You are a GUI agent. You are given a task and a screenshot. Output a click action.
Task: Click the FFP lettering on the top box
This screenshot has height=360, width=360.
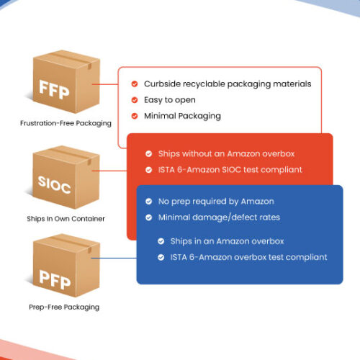(54, 89)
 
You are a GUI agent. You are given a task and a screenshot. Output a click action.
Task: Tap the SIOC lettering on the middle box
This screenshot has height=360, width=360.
(54, 184)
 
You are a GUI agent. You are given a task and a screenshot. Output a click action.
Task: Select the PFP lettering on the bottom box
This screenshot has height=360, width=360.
(55, 279)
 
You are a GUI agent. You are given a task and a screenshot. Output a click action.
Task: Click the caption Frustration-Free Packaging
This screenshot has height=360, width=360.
(66, 123)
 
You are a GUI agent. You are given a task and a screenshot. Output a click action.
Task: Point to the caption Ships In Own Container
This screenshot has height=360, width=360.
(66, 219)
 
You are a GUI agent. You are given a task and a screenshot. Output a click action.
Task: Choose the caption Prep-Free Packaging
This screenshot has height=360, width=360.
(64, 307)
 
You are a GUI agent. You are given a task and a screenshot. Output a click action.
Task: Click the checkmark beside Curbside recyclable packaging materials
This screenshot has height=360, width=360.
(135, 84)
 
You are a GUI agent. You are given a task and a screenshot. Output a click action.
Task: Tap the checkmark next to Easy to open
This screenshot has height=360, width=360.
(135, 100)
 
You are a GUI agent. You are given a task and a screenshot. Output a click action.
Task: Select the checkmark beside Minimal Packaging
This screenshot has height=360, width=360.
(135, 116)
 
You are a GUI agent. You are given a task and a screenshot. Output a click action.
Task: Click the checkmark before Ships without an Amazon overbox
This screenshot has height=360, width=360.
(149, 154)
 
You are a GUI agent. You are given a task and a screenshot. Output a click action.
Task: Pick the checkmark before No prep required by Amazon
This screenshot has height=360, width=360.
(149, 202)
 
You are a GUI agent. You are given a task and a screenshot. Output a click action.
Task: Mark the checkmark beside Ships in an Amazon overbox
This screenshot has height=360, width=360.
(161, 241)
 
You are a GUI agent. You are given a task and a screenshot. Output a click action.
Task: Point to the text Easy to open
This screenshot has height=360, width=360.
(170, 100)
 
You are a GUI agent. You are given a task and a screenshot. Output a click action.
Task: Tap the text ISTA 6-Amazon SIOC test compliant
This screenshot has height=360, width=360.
(230, 170)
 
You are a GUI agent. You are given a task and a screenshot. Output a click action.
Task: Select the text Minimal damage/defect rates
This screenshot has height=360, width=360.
(219, 217)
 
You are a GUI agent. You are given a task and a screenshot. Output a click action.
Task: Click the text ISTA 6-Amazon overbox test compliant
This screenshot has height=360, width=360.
(248, 257)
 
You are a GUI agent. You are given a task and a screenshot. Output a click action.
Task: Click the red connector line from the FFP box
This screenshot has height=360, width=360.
(105, 84)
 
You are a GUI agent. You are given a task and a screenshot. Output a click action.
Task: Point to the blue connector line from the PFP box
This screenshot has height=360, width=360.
(114, 258)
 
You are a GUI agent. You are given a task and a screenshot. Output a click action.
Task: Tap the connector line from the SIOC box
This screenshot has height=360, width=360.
(109, 171)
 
